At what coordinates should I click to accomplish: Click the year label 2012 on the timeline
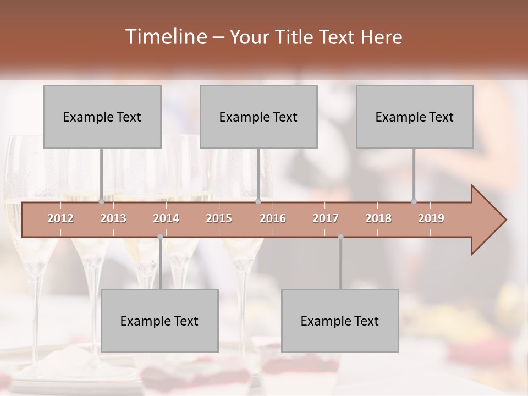tap(61, 218)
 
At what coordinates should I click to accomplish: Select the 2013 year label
tap(113, 218)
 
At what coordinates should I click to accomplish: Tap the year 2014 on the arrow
tap(166, 218)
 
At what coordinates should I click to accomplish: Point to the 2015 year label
tap(219, 218)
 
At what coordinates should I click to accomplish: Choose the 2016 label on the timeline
tap(273, 218)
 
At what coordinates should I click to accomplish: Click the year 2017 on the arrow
tap(326, 218)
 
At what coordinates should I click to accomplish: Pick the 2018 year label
tap(378, 218)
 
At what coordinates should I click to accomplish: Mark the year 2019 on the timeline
tap(431, 218)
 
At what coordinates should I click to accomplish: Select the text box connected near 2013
tap(102, 117)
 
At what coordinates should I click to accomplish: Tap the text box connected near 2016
tap(258, 117)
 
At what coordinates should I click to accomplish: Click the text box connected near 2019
tap(415, 117)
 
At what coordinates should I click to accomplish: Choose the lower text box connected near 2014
tap(159, 321)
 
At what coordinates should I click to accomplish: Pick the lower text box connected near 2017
tap(340, 321)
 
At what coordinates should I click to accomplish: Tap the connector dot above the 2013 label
tap(102, 202)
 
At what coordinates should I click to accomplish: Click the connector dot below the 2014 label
tap(160, 237)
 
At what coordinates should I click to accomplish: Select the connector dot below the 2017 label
tap(340, 237)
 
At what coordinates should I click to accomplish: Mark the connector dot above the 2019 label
tap(414, 202)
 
